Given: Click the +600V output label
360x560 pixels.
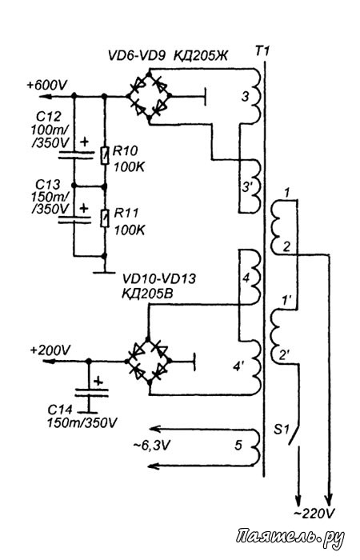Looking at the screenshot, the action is click(x=46, y=86).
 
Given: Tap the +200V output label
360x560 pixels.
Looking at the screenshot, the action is click(x=50, y=350).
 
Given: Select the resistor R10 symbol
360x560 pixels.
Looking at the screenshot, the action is click(x=104, y=155).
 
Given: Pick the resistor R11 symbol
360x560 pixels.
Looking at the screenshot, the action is click(x=104, y=218).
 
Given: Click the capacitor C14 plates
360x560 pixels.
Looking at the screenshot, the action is click(x=90, y=393).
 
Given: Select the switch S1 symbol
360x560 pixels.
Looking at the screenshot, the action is click(x=294, y=435).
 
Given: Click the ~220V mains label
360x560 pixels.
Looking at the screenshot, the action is click(x=314, y=514).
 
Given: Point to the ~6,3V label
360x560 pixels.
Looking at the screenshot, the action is click(x=152, y=446).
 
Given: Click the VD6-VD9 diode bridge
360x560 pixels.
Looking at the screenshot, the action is click(x=149, y=96).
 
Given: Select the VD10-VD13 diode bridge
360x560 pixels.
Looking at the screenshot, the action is click(x=149, y=361).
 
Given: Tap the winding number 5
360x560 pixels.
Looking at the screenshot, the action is click(x=238, y=446).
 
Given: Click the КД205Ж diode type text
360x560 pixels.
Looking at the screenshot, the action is click(x=200, y=56).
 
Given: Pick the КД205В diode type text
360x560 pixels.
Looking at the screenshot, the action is click(x=147, y=294).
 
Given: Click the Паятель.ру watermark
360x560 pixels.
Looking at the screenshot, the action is click(x=290, y=537).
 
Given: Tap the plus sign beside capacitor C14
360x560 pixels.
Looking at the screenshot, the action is click(x=98, y=382).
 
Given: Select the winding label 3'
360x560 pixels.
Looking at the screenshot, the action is click(x=247, y=186).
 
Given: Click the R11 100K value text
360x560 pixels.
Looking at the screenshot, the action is click(x=130, y=230).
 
